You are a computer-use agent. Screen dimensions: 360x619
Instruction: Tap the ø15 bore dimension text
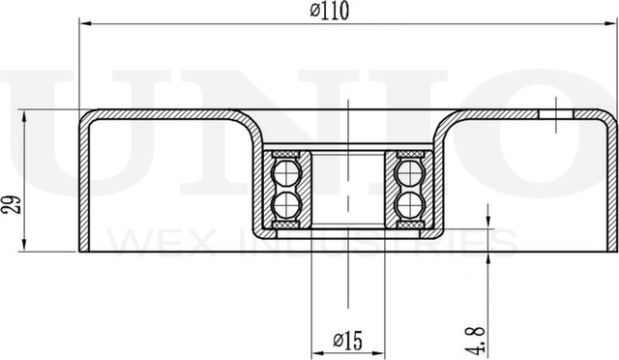pyautogui.click(x=347, y=340)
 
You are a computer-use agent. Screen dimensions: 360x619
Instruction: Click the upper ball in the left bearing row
pyautogui.click(x=287, y=173)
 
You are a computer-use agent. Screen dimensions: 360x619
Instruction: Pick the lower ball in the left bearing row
pyautogui.click(x=287, y=204)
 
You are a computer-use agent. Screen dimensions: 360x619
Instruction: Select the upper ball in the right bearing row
pyautogui.click(x=408, y=173)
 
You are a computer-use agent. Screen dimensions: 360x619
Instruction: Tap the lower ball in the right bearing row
pyautogui.click(x=408, y=204)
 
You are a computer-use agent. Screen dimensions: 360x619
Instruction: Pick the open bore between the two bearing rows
pyautogui.click(x=347, y=188)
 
